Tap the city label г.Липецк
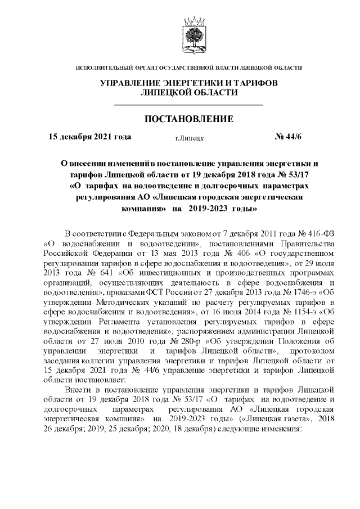[189, 137]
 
